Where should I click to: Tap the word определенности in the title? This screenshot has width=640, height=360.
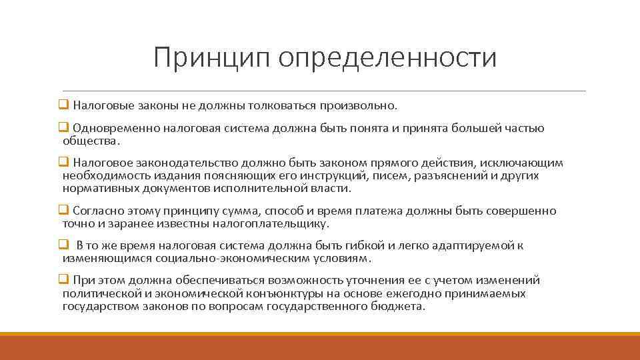coord(388,57)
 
